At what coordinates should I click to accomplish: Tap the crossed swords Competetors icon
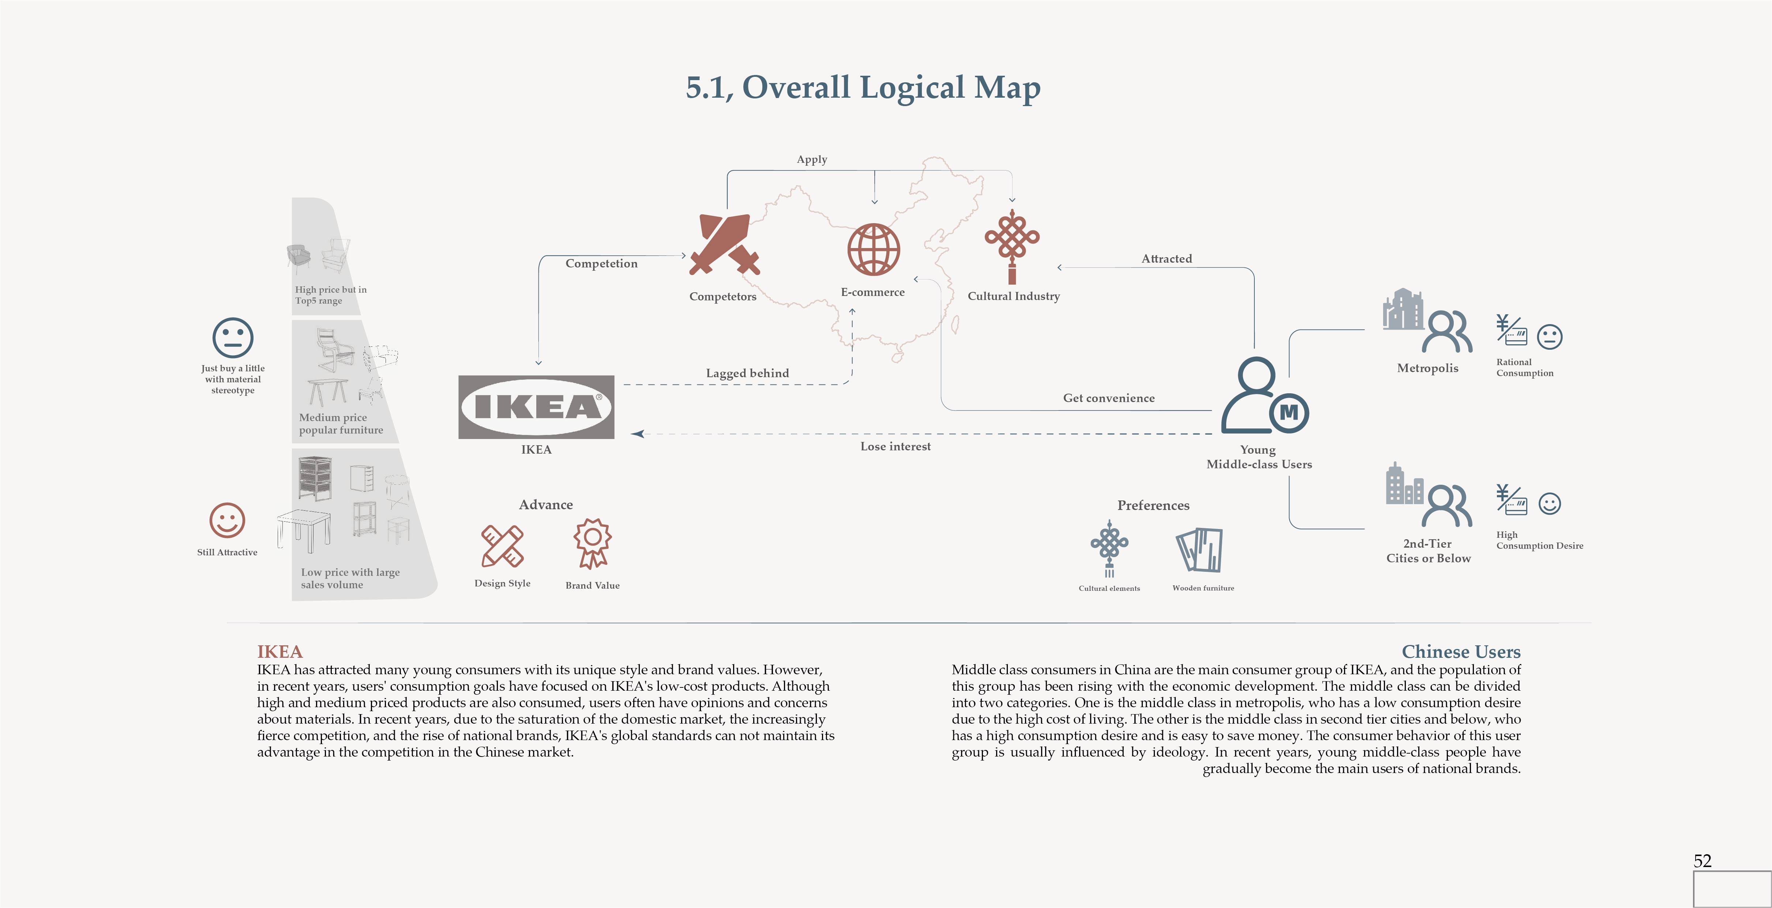pos(724,244)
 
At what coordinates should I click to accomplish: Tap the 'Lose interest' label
pos(895,446)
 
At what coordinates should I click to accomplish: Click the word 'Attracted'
pos(1166,259)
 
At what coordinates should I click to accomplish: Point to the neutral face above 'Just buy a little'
pos(233,338)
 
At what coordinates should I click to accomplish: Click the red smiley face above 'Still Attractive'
pos(227,520)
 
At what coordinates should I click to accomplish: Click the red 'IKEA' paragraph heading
pos(279,652)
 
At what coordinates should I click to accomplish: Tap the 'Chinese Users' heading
pos(1460,652)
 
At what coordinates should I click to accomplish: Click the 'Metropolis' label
pos(1427,368)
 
